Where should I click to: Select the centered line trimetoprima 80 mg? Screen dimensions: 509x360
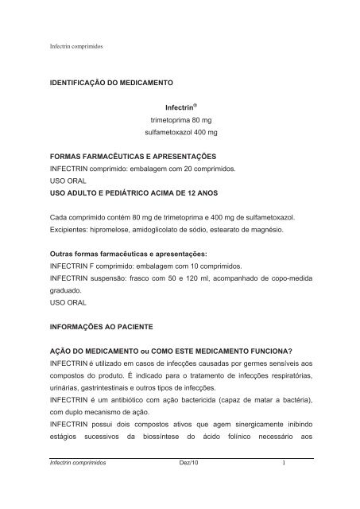[179, 119]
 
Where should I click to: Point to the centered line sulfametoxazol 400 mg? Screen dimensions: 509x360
[179, 134]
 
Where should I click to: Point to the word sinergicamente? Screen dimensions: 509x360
[253, 435]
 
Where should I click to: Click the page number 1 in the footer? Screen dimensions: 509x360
[305, 484]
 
